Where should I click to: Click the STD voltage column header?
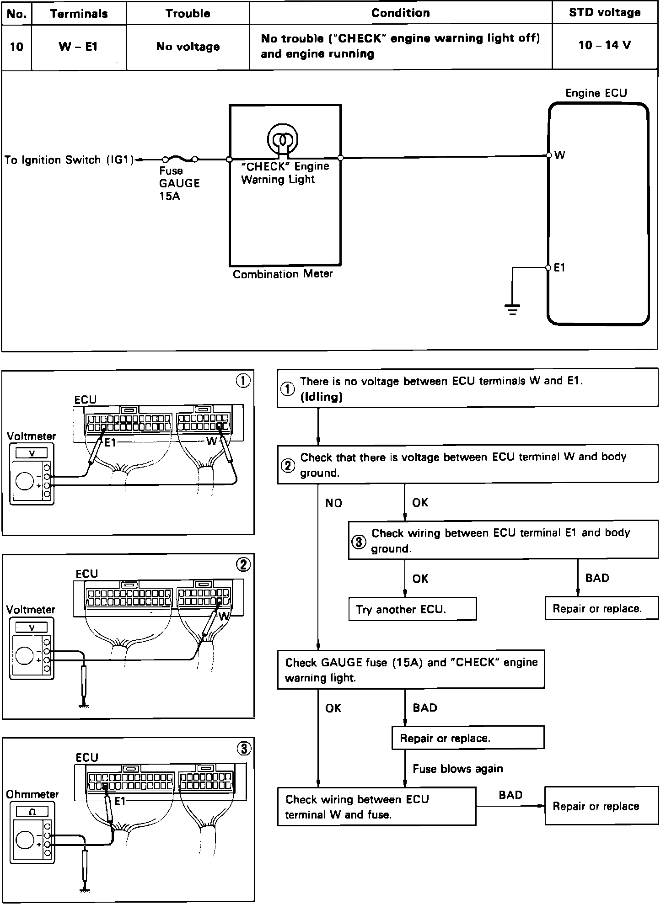click(x=604, y=13)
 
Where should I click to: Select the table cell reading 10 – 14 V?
click(x=604, y=45)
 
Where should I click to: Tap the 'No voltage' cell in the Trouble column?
click(x=188, y=47)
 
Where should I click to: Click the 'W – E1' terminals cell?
click(x=78, y=47)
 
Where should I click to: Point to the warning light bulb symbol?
click(x=283, y=138)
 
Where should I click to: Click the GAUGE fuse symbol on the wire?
click(x=180, y=160)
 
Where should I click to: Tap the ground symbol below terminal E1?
click(x=512, y=309)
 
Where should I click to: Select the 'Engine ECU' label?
click(x=596, y=93)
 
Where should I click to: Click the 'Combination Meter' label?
click(x=283, y=274)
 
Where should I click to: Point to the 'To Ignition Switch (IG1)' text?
click(x=69, y=160)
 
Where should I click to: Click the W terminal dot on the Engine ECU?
click(x=549, y=155)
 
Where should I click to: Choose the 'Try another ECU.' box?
click(x=412, y=609)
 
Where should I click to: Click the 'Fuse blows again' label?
click(x=457, y=769)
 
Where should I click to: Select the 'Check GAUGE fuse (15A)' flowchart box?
click(x=411, y=670)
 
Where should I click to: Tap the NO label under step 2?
click(x=333, y=503)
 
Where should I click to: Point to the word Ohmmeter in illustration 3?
click(x=32, y=794)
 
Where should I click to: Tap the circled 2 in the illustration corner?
click(x=243, y=565)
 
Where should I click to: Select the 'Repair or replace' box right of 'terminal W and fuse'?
click(x=601, y=806)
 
